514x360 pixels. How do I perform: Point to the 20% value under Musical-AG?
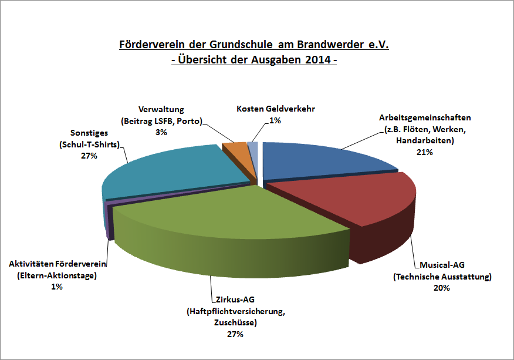(x=442, y=288)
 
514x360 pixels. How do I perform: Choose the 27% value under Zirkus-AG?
(x=235, y=335)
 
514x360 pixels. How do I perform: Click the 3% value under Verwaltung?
(x=161, y=133)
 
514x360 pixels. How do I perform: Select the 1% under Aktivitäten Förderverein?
(x=57, y=287)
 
